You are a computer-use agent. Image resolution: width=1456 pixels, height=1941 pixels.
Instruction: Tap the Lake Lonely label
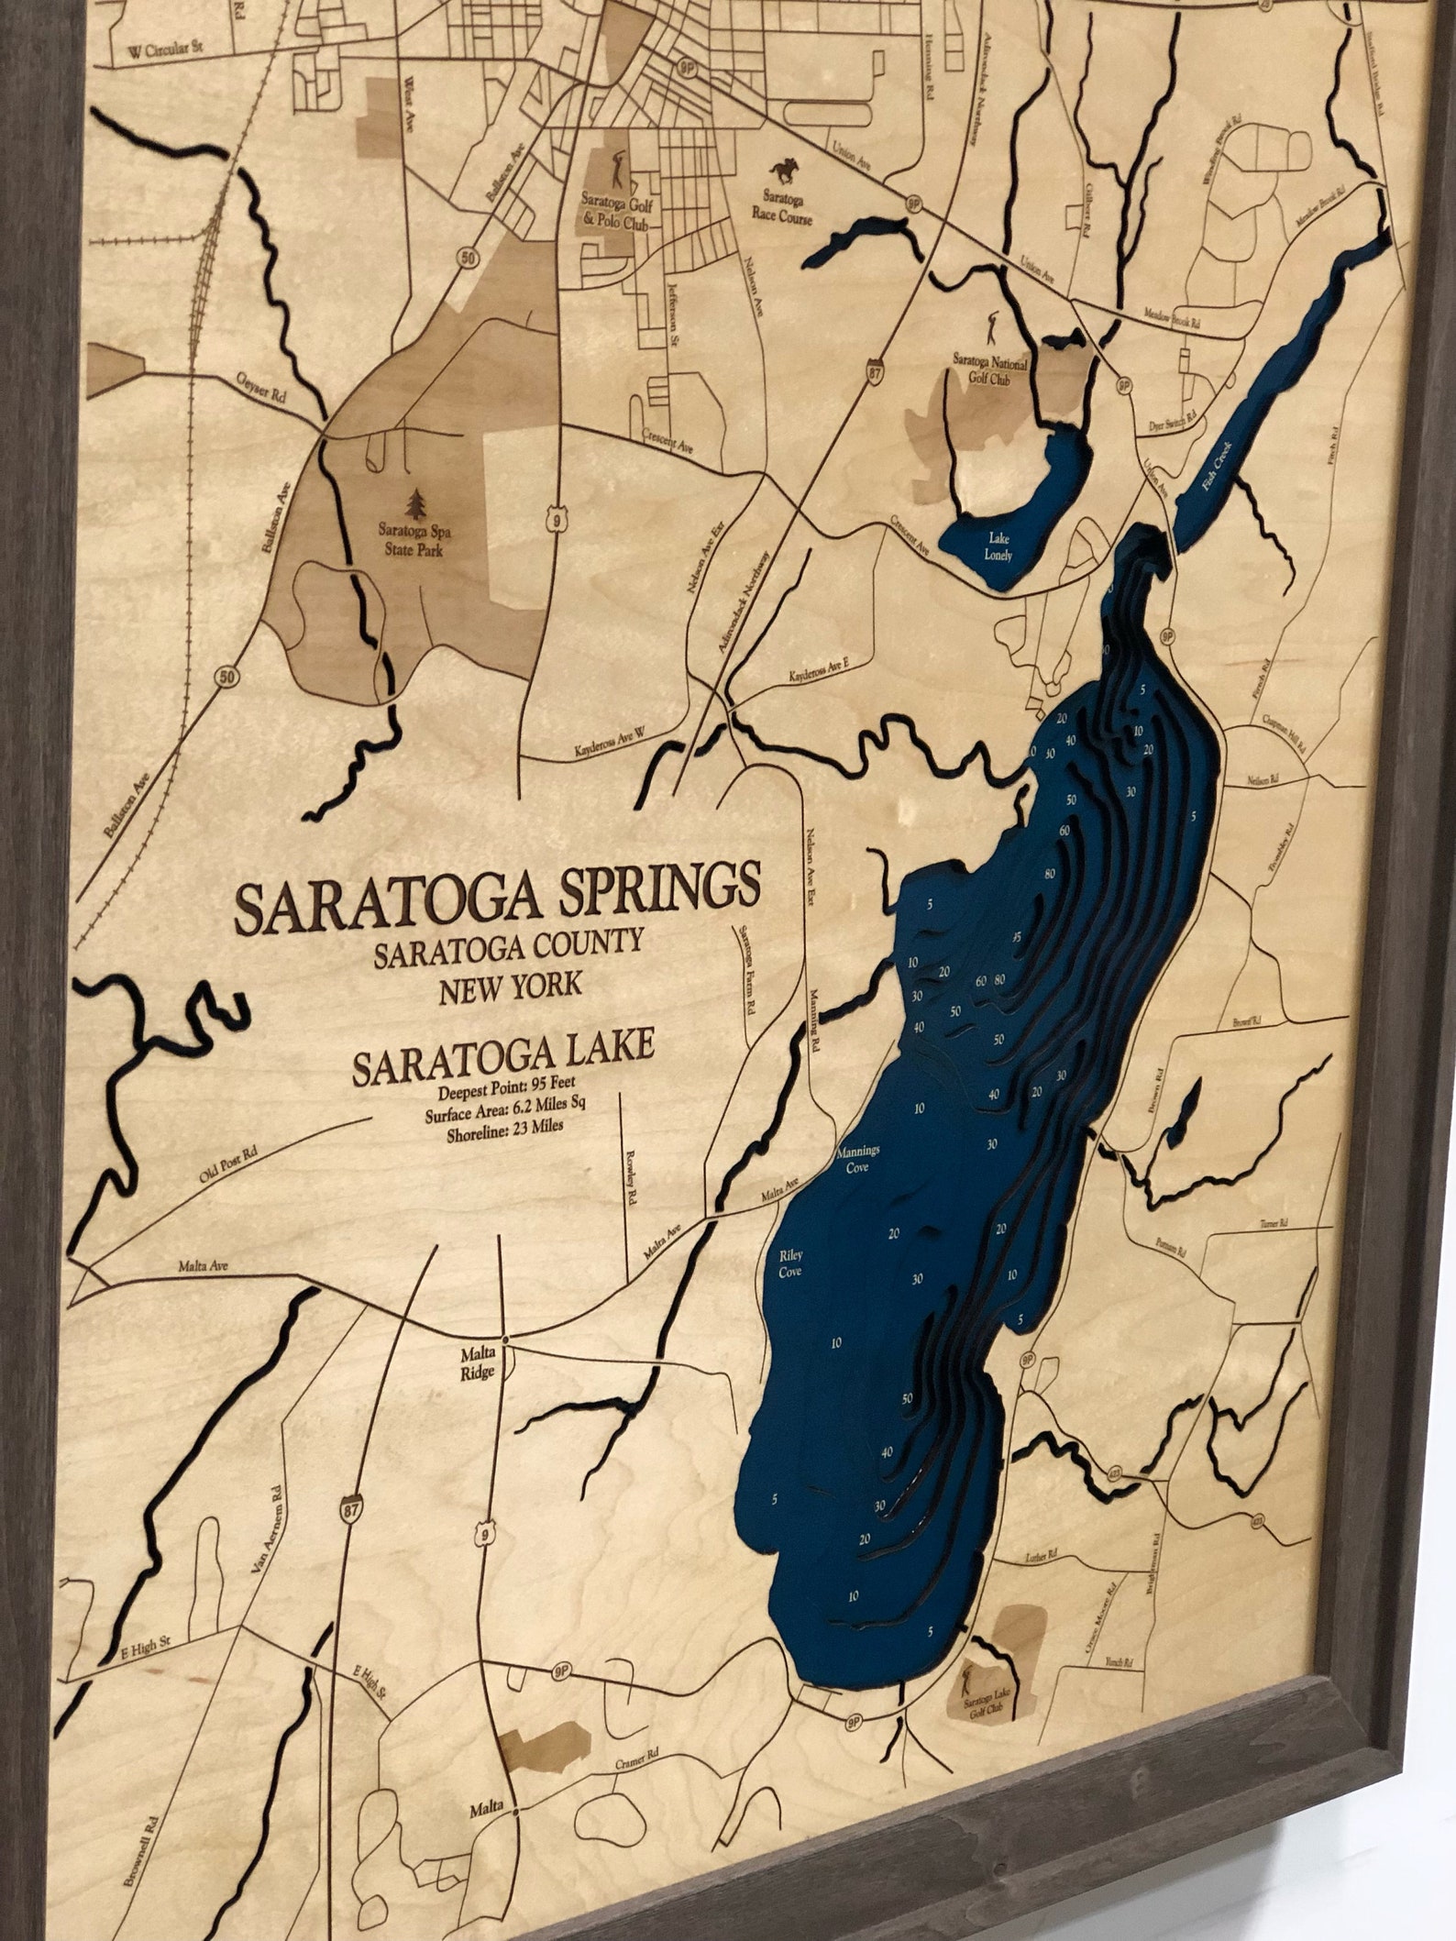click(x=998, y=548)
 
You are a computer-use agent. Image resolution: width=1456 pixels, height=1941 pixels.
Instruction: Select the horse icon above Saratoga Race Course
click(x=784, y=171)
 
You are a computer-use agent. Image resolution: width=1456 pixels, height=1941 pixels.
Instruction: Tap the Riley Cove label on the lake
click(x=789, y=1264)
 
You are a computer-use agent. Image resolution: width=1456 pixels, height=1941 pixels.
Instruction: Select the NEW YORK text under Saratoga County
click(x=510, y=988)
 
